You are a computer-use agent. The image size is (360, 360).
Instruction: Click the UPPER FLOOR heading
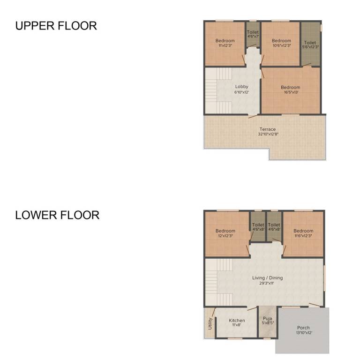[56, 26]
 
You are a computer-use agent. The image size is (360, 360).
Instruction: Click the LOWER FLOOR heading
[57, 215]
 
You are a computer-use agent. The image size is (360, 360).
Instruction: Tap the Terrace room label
[268, 129]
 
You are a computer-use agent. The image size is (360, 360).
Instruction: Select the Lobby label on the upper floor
[242, 87]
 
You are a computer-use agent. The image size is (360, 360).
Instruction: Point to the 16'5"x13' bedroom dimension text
[291, 92]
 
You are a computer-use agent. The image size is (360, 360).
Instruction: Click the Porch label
[303, 328]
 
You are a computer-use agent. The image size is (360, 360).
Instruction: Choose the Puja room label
[268, 318]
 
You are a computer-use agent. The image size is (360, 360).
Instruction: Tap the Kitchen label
[237, 320]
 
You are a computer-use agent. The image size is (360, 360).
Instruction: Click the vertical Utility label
[210, 323]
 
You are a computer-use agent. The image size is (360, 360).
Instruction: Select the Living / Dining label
[268, 278]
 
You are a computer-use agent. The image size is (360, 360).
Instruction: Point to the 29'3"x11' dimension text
[267, 283]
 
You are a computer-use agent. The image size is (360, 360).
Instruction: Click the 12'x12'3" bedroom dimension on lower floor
[225, 236]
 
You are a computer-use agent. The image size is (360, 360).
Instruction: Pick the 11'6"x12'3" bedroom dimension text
[303, 236]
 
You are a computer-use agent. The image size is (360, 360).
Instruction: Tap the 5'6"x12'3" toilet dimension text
[310, 47]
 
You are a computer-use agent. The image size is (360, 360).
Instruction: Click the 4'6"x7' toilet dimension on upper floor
[253, 36]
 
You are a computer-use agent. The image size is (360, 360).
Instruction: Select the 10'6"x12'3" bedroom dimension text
[282, 45]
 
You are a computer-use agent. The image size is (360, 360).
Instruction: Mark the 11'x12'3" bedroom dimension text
[225, 45]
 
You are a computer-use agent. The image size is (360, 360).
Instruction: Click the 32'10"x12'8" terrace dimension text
[268, 134]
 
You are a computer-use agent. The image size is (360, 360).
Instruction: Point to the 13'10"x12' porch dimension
[304, 333]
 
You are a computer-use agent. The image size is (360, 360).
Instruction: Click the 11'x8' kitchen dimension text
[236, 325]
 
